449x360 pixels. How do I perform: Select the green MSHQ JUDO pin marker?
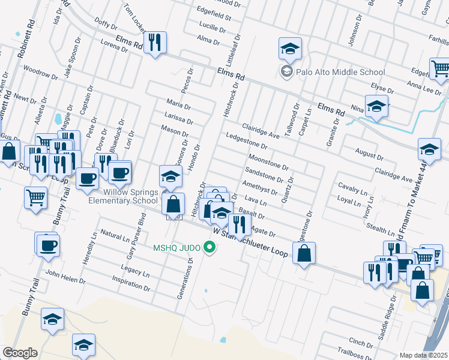click(x=209, y=246)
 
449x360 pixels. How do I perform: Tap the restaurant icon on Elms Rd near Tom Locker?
click(x=155, y=42)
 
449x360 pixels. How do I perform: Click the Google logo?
click(x=20, y=353)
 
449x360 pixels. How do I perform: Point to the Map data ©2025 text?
click(x=423, y=355)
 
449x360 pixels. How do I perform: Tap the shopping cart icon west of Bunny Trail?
click(x=35, y=196)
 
